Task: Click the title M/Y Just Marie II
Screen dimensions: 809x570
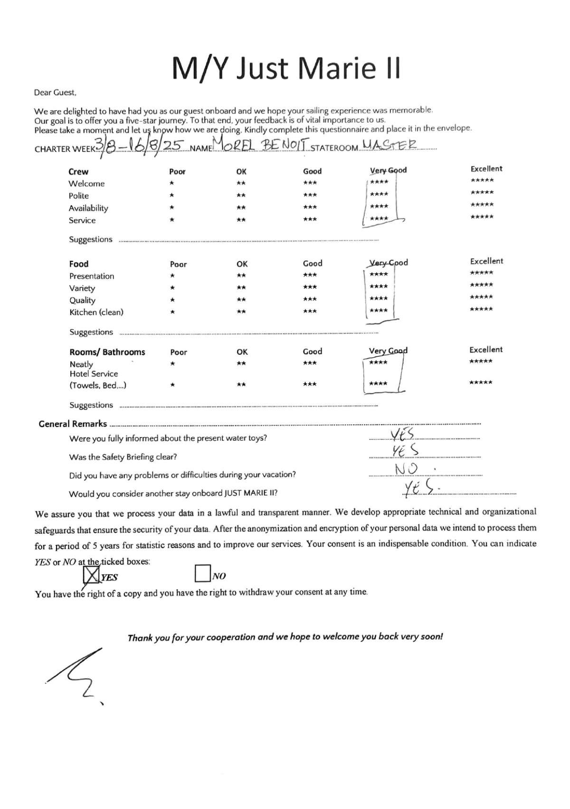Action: pos(286,68)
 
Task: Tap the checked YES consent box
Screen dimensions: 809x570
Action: pos(91,575)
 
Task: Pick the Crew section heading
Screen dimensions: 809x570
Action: pos(78,171)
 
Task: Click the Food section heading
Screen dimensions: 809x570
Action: pos(79,264)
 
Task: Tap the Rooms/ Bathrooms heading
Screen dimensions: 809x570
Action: pos(107,352)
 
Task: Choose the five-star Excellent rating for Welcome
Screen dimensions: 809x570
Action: pos(482,181)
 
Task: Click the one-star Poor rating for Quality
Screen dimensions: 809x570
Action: pos(173,300)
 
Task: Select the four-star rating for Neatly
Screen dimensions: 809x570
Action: pos(379,363)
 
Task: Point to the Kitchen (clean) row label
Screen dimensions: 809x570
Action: pos(96,312)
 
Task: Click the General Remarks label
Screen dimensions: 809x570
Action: pos(73,424)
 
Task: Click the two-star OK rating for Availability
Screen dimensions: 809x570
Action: pos(241,208)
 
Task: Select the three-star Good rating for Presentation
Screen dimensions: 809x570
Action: pos(310,275)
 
